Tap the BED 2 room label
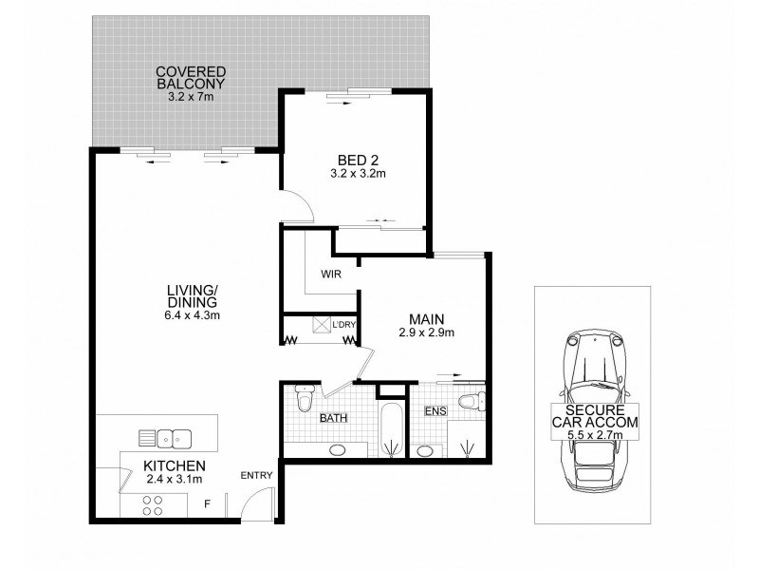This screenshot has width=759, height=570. tap(357, 159)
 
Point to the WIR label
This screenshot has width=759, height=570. tap(331, 275)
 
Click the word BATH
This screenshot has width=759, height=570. tap(332, 417)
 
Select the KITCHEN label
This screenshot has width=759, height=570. tap(175, 465)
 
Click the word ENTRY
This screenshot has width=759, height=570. tap(257, 475)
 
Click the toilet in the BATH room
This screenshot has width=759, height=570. tap(305, 398)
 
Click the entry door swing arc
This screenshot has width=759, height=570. tap(257, 504)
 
